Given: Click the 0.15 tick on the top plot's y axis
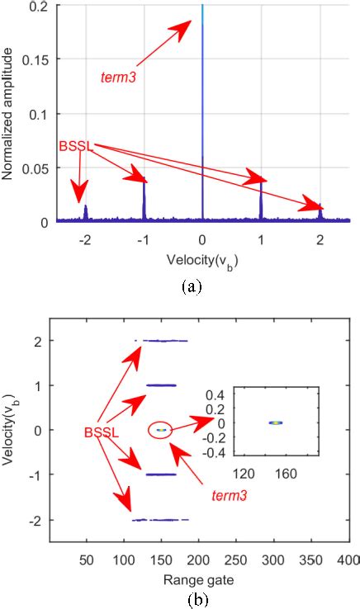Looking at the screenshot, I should [40, 59].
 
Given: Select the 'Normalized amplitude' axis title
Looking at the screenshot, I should [10, 112].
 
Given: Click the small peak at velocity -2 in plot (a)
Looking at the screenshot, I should [85, 213].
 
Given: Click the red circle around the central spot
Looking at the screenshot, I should [161, 429].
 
